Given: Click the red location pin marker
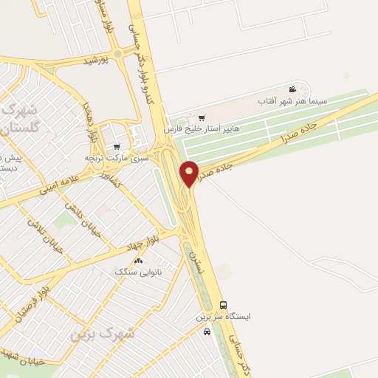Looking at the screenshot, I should point(190,173).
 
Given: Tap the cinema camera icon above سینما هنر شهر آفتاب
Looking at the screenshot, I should point(293,89).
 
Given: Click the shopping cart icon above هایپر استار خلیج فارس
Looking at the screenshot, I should point(201,118).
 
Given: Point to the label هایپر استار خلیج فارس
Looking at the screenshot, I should point(202,128).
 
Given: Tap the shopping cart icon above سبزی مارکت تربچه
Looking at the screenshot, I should point(116,147).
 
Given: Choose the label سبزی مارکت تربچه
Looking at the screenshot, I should point(116,157).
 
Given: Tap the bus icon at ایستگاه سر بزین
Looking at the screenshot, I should point(223,305).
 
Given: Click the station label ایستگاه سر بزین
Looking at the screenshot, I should point(223,316).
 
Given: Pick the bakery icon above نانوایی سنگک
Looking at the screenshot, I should point(138,261).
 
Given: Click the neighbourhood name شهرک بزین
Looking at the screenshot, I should point(103,334).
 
